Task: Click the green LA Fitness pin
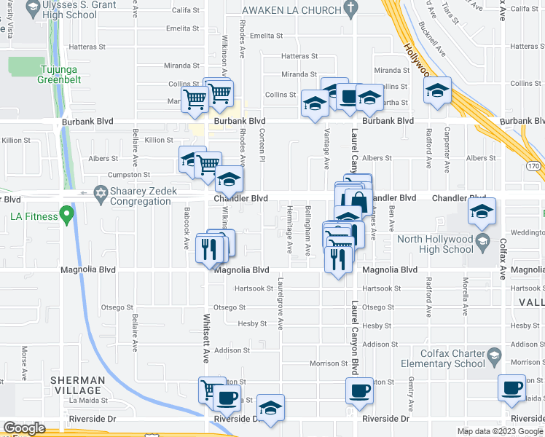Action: click(x=67, y=216)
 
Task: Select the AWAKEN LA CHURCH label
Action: click(x=291, y=10)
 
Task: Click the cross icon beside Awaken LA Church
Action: click(x=350, y=9)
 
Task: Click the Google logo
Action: click(x=24, y=428)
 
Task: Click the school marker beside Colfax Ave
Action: click(x=482, y=212)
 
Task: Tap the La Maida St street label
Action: click(x=88, y=400)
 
